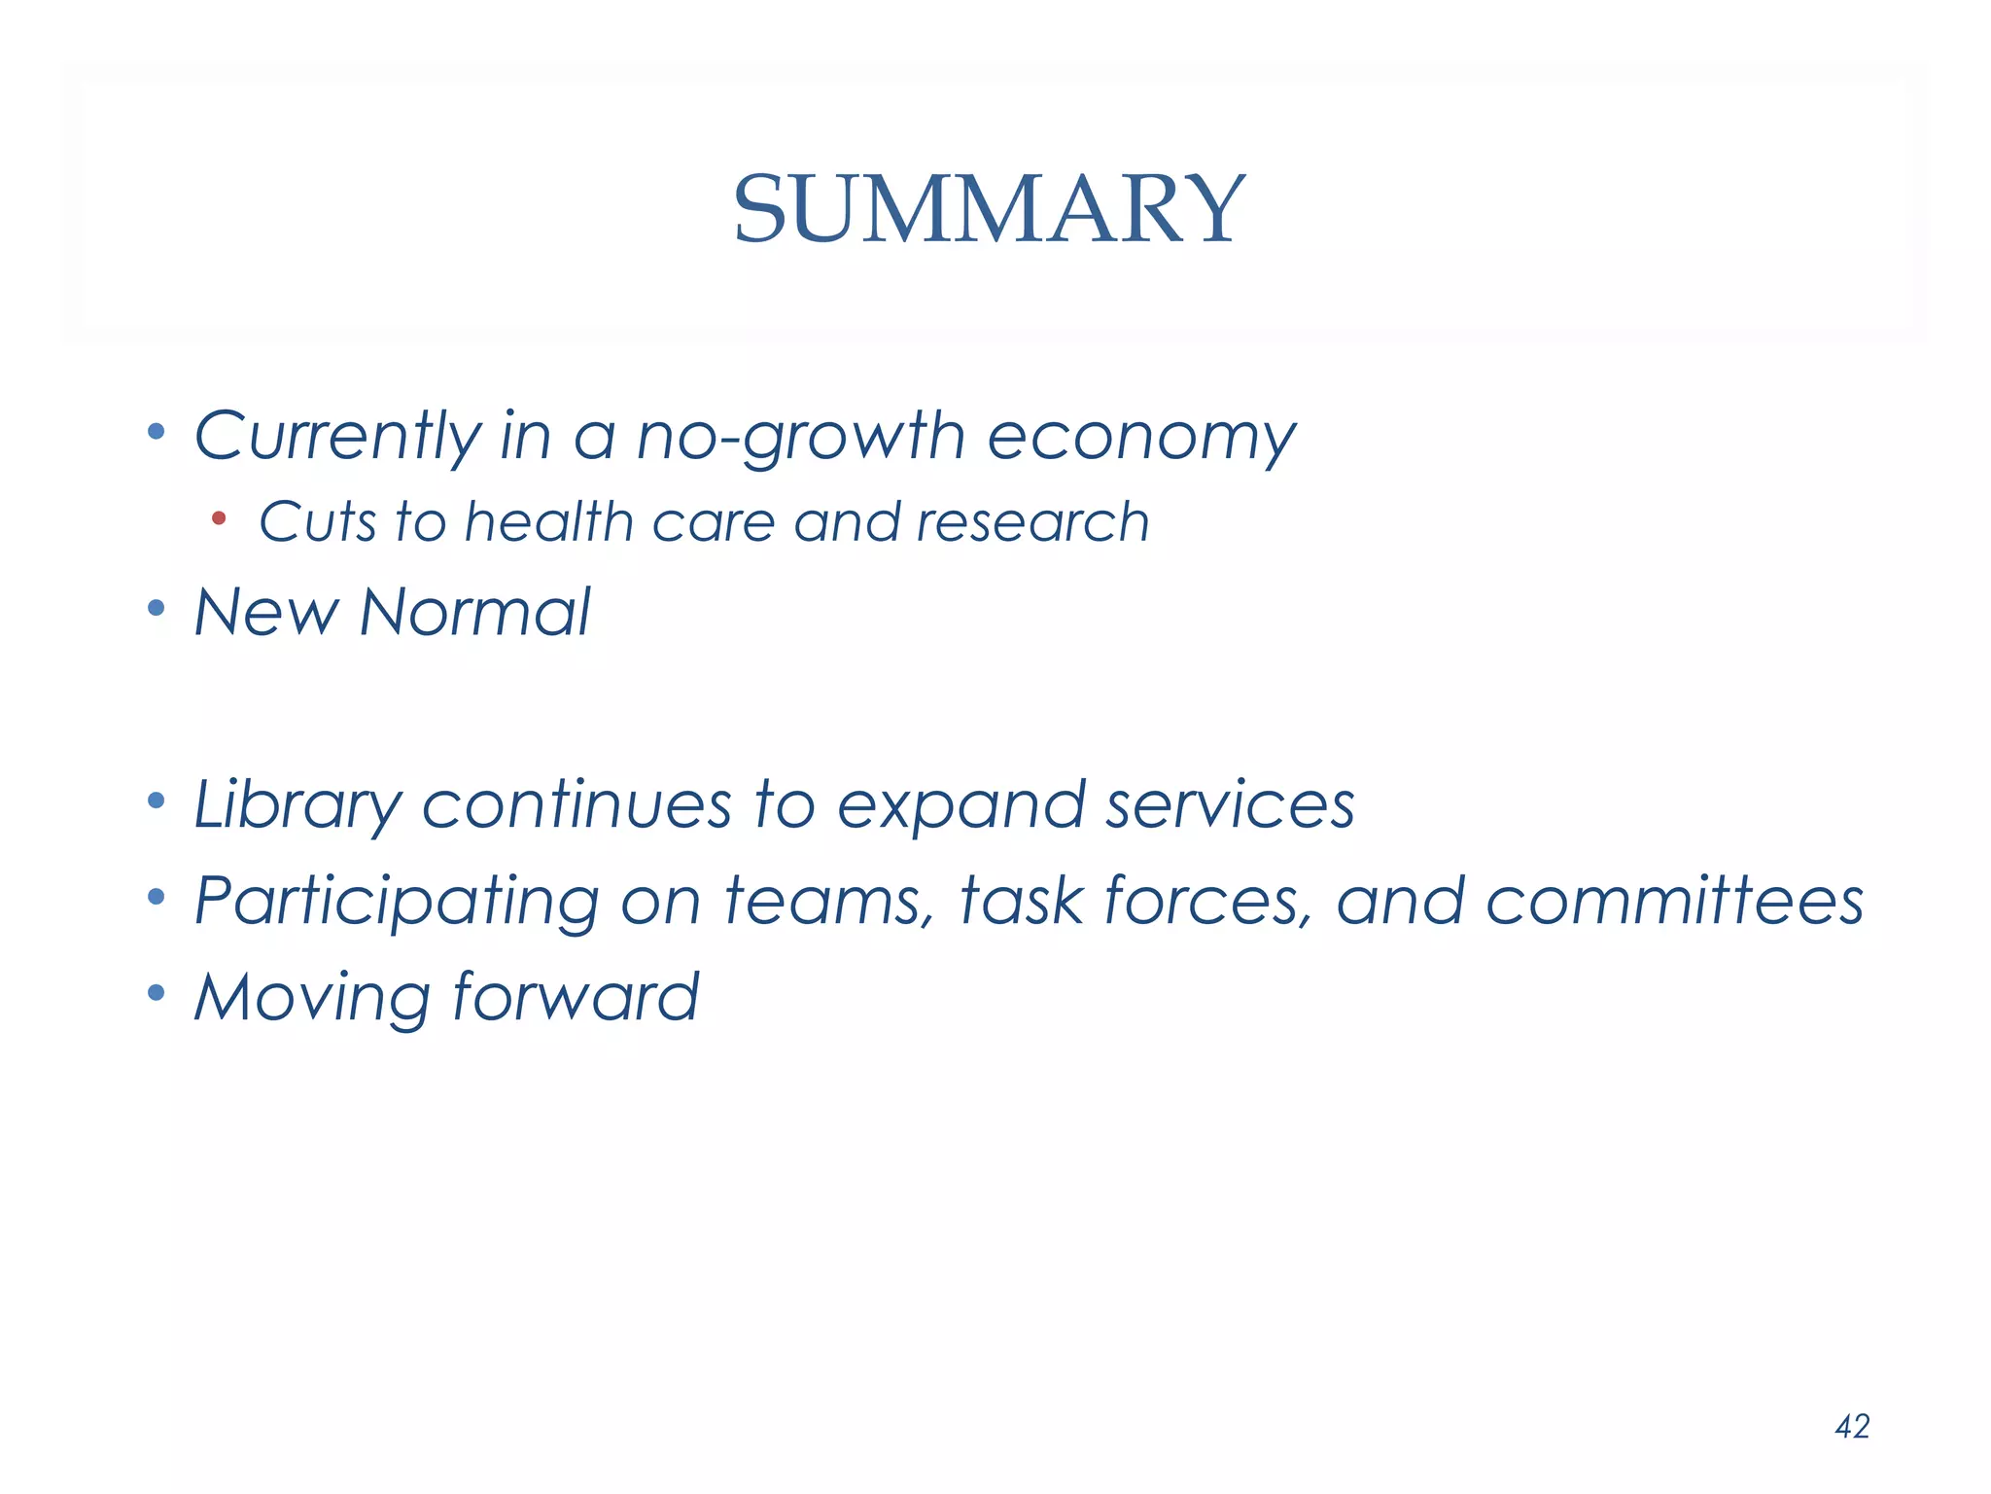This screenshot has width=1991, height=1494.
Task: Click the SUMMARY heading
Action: click(x=988, y=209)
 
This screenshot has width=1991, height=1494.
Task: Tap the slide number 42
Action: click(x=1852, y=1426)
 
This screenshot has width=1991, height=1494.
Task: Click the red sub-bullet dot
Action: click(x=219, y=518)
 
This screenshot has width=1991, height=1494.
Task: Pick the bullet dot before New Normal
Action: click(x=156, y=609)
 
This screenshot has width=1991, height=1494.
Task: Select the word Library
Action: click(x=297, y=806)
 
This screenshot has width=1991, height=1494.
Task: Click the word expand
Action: click(x=961, y=806)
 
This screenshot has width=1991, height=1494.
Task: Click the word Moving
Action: click(x=311, y=998)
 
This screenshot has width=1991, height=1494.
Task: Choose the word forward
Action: click(x=575, y=996)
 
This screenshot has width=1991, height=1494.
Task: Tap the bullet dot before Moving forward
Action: click(x=156, y=993)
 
